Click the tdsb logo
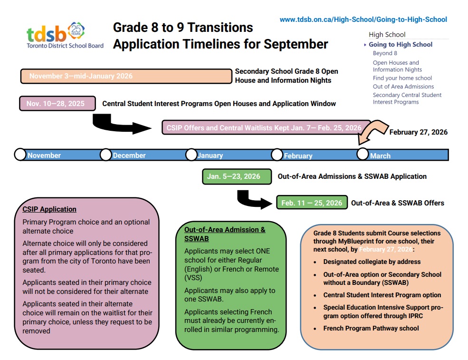pos(65,35)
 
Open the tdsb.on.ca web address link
pos(363,19)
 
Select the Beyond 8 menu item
pos(385,53)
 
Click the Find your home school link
pos(402,78)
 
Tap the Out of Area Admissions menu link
pos(403,87)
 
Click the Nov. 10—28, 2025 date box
pos(57,103)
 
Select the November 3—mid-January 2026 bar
pos(126,76)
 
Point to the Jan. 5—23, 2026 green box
pos(237,176)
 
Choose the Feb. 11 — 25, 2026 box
pos(312,203)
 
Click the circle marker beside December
pos(105,155)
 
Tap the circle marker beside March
pos(363,154)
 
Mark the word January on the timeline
pos(210,156)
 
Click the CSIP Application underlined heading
pos(49,209)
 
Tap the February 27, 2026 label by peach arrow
pos(419,132)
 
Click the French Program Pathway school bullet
pos(371,328)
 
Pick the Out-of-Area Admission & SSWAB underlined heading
pos(225,234)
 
